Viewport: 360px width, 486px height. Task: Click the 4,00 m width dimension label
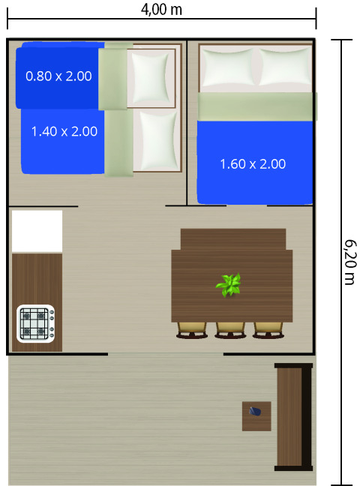click(161, 10)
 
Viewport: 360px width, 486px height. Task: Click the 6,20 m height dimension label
click(349, 262)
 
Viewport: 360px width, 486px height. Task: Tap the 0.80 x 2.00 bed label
click(58, 76)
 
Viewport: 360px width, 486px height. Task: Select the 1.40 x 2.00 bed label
click(64, 131)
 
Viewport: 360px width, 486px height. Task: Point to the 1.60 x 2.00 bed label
click(253, 164)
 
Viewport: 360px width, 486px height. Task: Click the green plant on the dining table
click(229, 285)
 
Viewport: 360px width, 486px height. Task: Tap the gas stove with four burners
click(35, 323)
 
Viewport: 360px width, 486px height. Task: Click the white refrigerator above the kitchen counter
click(37, 231)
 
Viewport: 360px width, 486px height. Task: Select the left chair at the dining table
click(191, 328)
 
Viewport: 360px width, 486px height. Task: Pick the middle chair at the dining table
click(230, 328)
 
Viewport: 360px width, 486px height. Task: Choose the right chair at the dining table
click(268, 328)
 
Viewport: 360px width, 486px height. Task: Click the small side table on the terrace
click(256, 416)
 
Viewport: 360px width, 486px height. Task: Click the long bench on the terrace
click(292, 416)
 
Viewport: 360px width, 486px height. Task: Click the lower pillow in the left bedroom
click(157, 139)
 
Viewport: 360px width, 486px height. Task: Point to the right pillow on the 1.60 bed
click(283, 68)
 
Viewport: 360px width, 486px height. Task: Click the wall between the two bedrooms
click(186, 120)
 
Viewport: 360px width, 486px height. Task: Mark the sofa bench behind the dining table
click(232, 238)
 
